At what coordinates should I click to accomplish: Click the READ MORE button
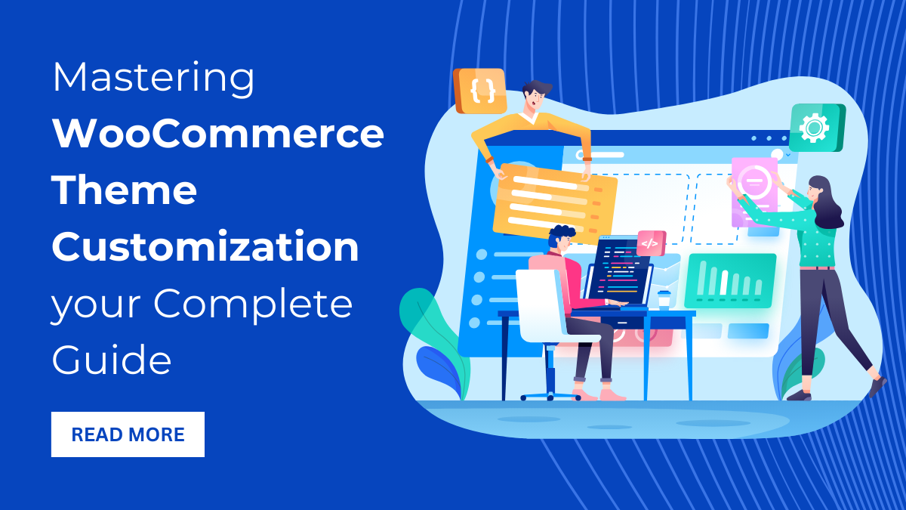point(128,434)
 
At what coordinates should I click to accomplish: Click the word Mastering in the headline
point(154,79)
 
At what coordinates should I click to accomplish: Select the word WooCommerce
point(218,134)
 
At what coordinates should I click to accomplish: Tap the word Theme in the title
point(125,190)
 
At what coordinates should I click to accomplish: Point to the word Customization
point(205,247)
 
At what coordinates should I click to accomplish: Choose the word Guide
point(112,360)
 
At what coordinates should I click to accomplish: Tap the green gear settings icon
point(815,127)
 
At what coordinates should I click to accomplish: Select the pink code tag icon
point(650,243)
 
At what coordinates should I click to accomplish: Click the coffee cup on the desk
point(664,299)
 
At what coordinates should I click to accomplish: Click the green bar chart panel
point(729,280)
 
